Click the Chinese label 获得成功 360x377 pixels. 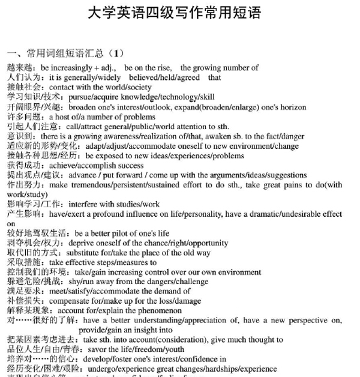click(x=23, y=166)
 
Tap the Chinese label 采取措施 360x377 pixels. click(x=23, y=262)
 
